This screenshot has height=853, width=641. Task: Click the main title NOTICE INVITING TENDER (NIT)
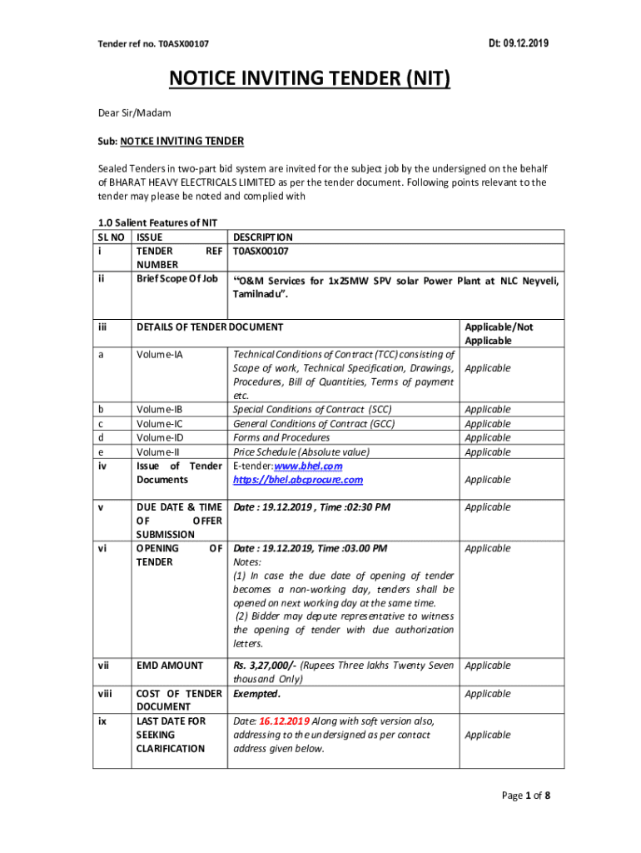coord(310,78)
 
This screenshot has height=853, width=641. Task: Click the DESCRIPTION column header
coord(263,237)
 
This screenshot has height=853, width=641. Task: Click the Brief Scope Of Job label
coord(176,278)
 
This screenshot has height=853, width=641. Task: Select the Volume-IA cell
coord(159,354)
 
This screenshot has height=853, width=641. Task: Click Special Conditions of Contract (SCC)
coord(312,409)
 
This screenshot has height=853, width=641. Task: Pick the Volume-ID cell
coord(159,437)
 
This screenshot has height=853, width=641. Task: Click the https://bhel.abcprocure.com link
coord(298,480)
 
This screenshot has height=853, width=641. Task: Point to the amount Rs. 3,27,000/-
coord(264,665)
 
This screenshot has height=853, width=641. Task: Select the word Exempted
coord(256,693)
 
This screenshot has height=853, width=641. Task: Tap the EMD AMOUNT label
coord(169,665)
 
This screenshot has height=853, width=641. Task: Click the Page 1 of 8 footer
coord(525,796)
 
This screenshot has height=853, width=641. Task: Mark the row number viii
coord(102,693)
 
